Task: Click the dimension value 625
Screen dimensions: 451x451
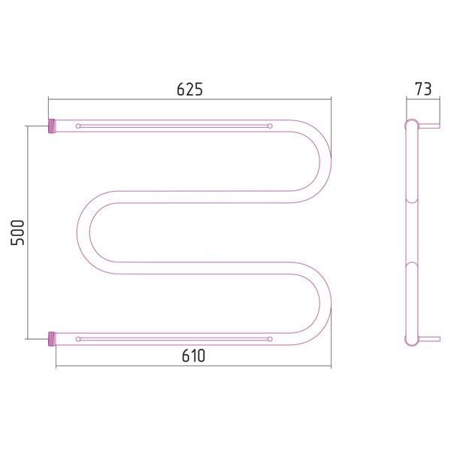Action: [x=189, y=89]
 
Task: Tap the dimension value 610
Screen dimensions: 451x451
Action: [x=193, y=356]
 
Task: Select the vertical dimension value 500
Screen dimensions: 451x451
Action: [x=17, y=232]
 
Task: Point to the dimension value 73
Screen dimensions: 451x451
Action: [x=423, y=89]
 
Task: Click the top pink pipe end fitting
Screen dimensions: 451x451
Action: [x=51, y=126]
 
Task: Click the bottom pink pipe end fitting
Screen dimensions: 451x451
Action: [x=51, y=339]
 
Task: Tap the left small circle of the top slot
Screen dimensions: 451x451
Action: [x=78, y=126]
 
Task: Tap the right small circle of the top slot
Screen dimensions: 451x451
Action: [x=270, y=126]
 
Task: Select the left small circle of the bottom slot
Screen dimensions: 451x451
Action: [x=78, y=339]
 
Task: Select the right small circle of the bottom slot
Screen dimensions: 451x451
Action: [x=270, y=339]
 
